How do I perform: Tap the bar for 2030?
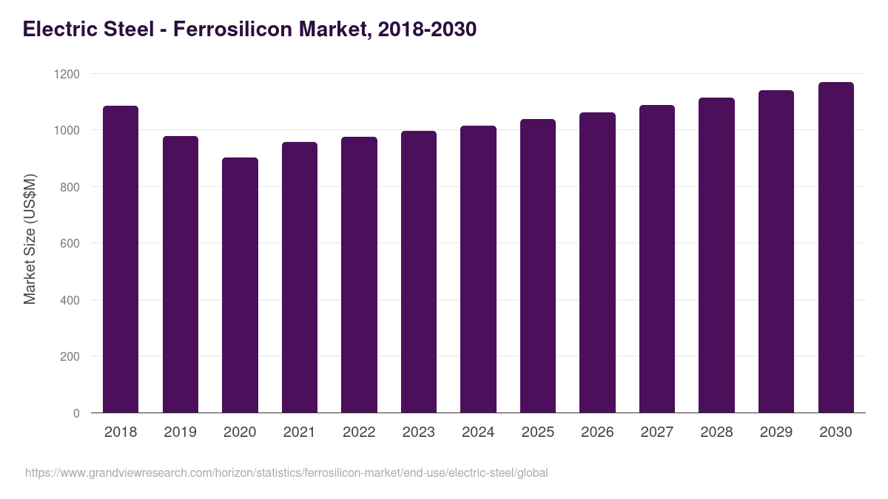(835, 248)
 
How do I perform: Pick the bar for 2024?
(478, 269)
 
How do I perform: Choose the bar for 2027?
(657, 259)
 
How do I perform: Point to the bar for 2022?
(359, 274)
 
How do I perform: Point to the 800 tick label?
(70, 187)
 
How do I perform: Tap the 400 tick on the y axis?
(70, 300)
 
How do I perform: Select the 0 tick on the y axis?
(76, 413)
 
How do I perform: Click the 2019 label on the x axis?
(180, 432)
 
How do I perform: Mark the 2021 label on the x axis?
(299, 432)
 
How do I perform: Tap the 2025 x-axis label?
(537, 432)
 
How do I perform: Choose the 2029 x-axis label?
(776, 432)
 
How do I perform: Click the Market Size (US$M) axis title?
(30, 239)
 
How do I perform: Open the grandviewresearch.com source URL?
(286, 472)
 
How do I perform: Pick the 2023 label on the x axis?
(418, 432)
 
